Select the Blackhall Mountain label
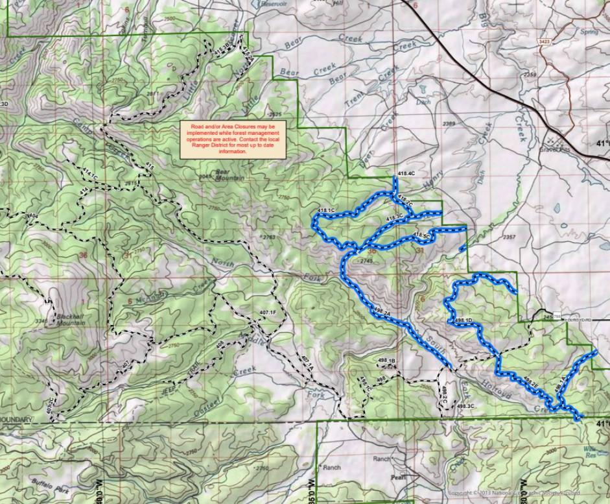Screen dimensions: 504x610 pos(72,318)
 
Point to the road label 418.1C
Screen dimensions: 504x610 pos(326,210)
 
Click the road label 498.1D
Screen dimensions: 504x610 pos(462,320)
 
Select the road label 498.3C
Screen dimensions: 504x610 pos(465,406)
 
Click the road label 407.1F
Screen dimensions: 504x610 pos(268,313)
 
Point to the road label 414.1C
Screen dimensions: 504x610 pos(90,174)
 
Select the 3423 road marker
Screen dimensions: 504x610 pos(545,42)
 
